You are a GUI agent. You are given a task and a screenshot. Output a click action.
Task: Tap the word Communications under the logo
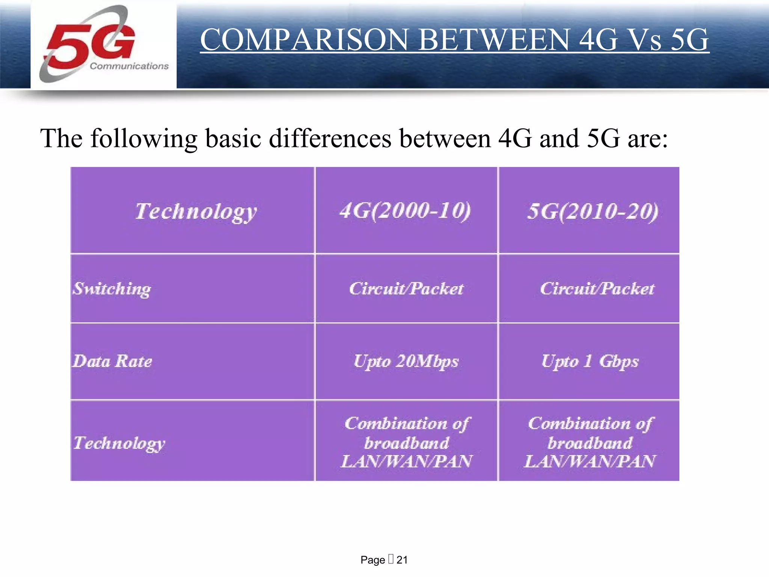[x=129, y=66]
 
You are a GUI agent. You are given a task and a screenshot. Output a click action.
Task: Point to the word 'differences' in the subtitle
[x=330, y=138]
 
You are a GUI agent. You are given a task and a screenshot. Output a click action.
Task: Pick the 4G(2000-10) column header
[x=405, y=211]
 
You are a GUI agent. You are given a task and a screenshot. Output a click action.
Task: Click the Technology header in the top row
[x=196, y=211]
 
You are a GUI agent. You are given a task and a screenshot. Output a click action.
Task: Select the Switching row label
[x=112, y=289]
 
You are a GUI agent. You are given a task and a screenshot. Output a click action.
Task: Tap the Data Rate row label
[x=112, y=361]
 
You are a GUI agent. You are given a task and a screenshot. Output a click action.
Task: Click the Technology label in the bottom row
[x=119, y=443]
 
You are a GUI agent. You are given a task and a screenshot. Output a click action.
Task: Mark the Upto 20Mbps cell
[x=406, y=361]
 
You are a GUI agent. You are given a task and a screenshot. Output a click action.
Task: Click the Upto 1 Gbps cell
[x=590, y=361]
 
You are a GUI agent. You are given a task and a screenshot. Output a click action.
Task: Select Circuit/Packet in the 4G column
[x=406, y=288]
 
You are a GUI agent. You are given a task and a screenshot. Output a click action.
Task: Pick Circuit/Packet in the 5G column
[x=597, y=288]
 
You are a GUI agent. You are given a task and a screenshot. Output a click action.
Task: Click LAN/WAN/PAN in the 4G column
[x=406, y=461]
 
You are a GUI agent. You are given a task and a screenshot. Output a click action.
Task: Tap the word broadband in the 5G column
[x=590, y=443]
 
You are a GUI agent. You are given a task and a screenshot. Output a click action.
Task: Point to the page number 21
[x=402, y=560]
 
